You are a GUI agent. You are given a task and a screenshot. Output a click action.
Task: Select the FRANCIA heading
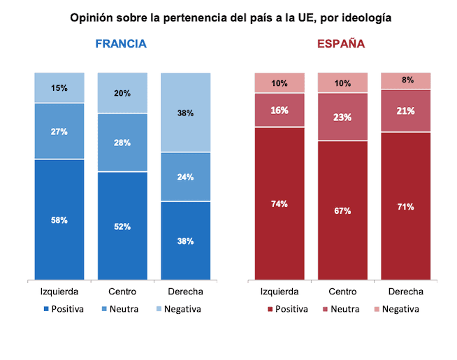121,43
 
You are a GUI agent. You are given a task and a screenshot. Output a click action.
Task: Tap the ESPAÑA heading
341,43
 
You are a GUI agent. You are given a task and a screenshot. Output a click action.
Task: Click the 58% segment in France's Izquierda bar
59,219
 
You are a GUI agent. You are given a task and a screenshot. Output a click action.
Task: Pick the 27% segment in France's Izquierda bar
59,131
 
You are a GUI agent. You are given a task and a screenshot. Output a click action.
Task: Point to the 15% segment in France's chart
59,88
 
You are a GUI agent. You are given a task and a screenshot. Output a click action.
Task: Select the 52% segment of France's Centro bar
122,226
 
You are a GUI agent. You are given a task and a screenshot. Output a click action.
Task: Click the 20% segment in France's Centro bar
122,93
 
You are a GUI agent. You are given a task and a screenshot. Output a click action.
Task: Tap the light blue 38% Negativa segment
185,113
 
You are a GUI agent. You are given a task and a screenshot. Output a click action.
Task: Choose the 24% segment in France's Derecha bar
185,177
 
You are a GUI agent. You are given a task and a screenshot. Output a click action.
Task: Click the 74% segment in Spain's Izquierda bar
280,203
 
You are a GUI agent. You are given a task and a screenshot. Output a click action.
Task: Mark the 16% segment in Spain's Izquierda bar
280,110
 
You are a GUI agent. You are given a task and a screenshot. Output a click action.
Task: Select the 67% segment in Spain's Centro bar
342,210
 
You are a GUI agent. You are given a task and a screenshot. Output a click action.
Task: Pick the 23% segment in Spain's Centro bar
342,117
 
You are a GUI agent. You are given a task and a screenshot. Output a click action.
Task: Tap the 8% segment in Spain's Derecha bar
405,80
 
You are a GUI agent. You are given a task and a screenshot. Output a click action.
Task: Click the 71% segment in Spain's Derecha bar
405,206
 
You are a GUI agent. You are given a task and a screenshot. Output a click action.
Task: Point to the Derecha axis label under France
185,291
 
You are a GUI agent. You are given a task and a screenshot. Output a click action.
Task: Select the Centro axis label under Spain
342,291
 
